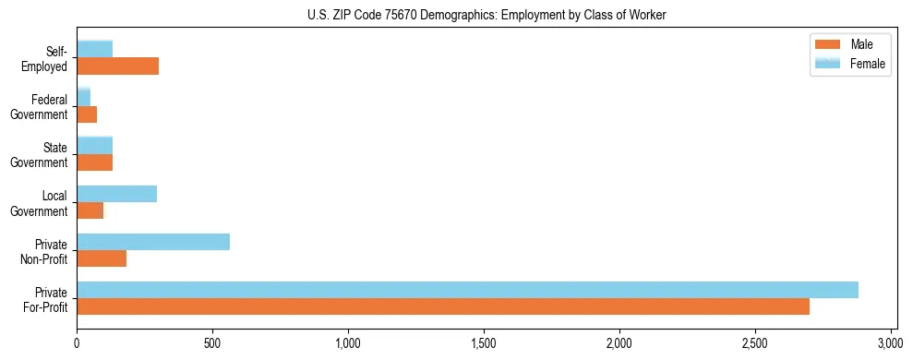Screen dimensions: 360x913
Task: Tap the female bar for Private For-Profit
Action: (x=467, y=290)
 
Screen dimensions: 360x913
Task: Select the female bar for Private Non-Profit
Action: (x=153, y=242)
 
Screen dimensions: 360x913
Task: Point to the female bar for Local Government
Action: (x=117, y=194)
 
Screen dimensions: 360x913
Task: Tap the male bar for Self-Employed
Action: (x=118, y=66)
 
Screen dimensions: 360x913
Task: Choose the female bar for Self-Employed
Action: (x=95, y=50)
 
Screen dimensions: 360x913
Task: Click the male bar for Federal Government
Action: (x=87, y=114)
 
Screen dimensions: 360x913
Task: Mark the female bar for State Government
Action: (x=95, y=146)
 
